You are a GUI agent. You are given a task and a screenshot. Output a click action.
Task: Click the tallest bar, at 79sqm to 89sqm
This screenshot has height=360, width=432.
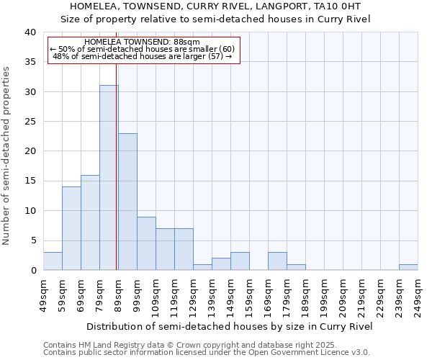coord(109,178)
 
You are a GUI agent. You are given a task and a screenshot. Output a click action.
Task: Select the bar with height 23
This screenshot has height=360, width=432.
coord(127,202)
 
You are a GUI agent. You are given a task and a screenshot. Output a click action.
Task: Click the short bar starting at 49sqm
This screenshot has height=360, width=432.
coord(53,261)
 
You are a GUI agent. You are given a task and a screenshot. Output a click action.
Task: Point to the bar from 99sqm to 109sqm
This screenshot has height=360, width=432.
coord(146,243)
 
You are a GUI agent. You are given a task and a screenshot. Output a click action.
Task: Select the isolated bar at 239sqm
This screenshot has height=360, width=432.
coord(408,267)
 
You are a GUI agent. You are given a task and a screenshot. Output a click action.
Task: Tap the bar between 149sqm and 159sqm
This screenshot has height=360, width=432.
coord(240,261)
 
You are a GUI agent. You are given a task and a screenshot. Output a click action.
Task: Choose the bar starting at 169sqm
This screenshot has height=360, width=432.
coord(277,261)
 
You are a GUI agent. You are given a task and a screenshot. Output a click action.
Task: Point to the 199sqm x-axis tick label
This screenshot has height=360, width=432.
coord(325,295)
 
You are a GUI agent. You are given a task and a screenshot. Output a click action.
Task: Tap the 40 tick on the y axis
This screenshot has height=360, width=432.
coord(30,32)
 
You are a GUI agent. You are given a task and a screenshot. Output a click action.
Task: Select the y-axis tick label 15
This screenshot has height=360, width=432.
coord(30,181)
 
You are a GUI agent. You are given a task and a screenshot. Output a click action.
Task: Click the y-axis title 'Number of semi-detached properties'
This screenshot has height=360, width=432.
coord(6,155)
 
